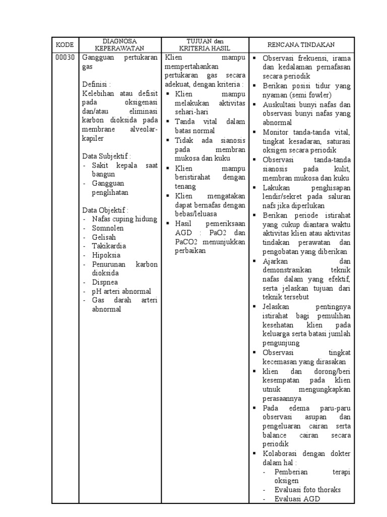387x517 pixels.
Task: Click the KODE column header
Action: click(x=64, y=45)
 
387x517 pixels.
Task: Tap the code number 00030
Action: click(x=64, y=58)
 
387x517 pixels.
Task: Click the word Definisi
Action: click(x=96, y=83)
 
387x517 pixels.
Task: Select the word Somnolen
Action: click(x=108, y=228)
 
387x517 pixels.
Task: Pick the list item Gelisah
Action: click(x=104, y=237)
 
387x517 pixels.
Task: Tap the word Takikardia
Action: click(x=109, y=246)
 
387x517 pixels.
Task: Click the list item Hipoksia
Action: click(x=106, y=255)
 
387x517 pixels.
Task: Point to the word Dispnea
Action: click(x=105, y=283)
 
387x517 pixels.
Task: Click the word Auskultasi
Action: click(x=280, y=105)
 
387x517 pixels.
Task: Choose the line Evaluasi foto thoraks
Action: click(x=307, y=490)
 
